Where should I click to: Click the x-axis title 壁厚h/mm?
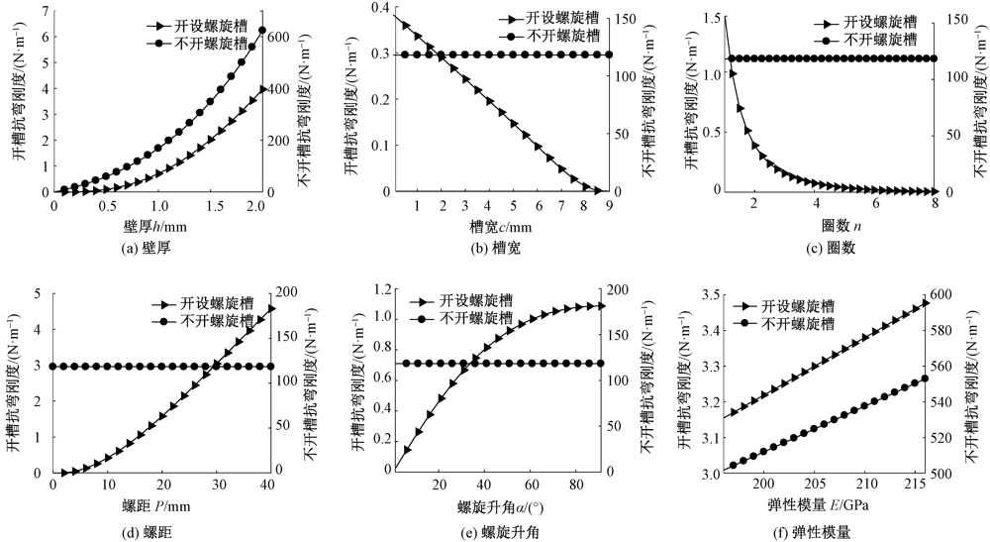[156, 226]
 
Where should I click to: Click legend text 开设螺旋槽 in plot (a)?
[201, 26]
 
